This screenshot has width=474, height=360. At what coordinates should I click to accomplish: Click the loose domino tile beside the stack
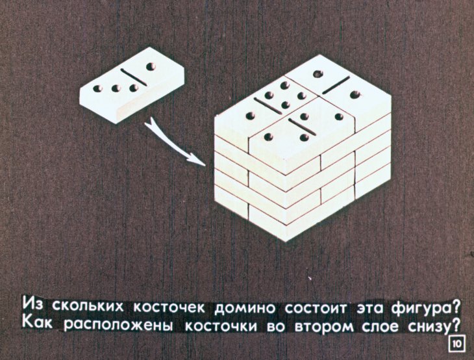pyautogui.click(x=132, y=85)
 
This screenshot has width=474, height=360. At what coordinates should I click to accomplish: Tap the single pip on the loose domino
pyautogui.click(x=150, y=66)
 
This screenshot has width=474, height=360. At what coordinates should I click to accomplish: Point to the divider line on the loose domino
pyautogui.click(x=133, y=77)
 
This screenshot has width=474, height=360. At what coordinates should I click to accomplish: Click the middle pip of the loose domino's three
pyautogui.click(x=116, y=88)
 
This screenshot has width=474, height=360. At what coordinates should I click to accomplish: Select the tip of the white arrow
pyautogui.click(x=205, y=165)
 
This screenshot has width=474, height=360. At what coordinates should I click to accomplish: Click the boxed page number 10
pyautogui.click(x=456, y=344)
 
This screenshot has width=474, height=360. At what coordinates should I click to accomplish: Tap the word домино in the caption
pyautogui.click(x=245, y=308)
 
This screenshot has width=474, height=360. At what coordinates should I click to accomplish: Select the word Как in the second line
pyautogui.click(x=38, y=324)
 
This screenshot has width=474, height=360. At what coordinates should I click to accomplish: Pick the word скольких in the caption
pyautogui.click(x=88, y=306)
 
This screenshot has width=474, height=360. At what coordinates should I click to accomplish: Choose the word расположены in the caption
pyautogui.click(x=118, y=326)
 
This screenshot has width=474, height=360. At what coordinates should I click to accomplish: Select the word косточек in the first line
pyautogui.click(x=169, y=307)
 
